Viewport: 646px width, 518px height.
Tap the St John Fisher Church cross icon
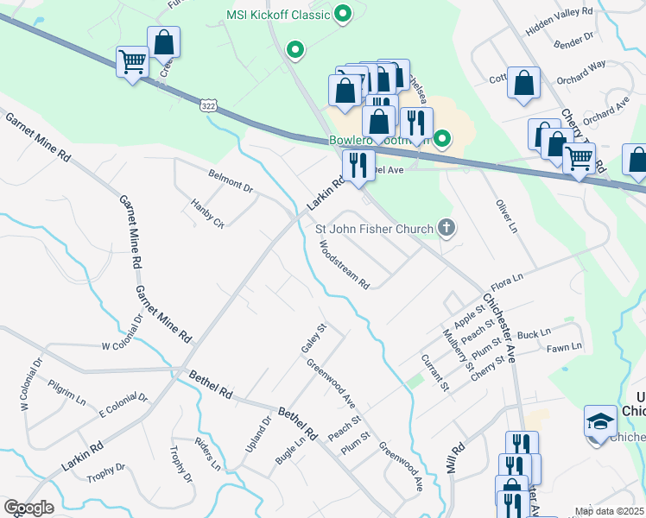446,228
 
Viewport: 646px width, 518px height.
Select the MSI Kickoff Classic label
278,15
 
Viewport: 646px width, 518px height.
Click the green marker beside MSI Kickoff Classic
343,14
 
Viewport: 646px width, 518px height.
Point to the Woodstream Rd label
345,264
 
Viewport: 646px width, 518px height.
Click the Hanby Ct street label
207,212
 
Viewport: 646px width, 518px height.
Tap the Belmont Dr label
231,180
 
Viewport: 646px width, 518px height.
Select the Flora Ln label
508,281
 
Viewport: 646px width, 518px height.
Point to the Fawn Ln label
564,347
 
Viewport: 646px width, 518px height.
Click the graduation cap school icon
600,420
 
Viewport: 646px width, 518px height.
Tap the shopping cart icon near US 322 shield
133,61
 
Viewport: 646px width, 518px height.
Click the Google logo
28,508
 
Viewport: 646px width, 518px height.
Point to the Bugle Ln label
290,450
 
